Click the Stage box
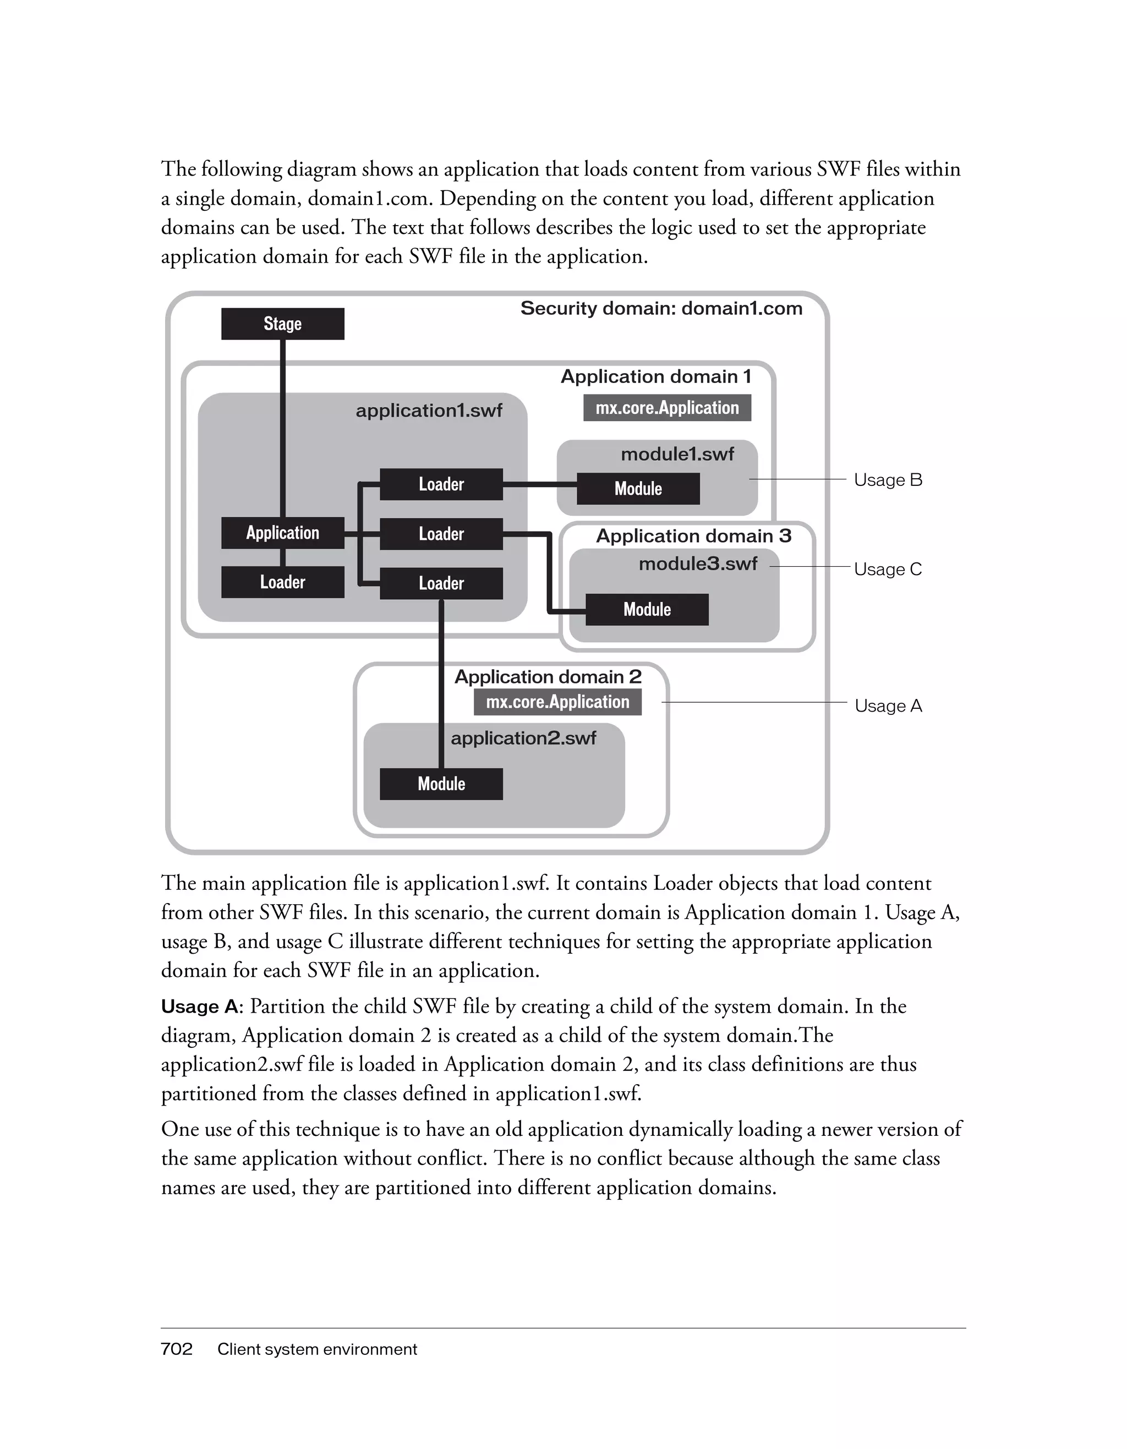[x=283, y=324]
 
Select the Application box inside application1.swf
[x=283, y=533]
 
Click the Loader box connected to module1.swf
[x=441, y=484]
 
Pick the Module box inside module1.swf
[x=638, y=489]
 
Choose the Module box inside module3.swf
[x=647, y=610]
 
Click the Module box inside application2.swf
[x=441, y=784]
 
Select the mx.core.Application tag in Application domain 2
[x=557, y=702]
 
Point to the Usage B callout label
[x=888, y=480]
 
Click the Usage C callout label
[x=888, y=569]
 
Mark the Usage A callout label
[x=888, y=706]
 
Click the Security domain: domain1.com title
[x=661, y=309]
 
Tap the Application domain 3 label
[x=693, y=536]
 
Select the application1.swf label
[x=429, y=411]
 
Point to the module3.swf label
[x=698, y=564]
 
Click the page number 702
[x=177, y=1349]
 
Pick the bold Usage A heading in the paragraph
[x=199, y=1007]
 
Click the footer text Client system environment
[x=317, y=1349]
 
